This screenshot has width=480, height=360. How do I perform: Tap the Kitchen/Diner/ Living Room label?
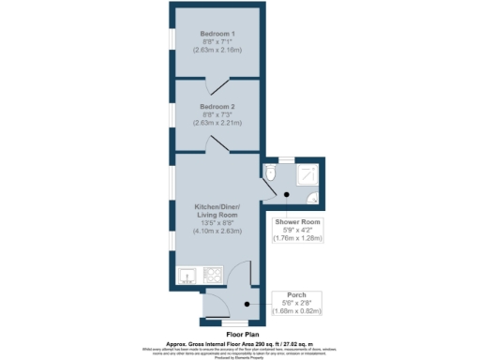(x=217, y=210)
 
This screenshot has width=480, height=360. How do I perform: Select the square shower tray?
(x=307, y=174)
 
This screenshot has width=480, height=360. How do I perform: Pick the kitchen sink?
(x=187, y=276)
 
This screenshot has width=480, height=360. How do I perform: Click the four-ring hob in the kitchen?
(x=212, y=276)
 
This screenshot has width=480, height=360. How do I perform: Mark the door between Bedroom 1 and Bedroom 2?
(x=217, y=86)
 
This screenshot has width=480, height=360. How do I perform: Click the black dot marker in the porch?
(x=247, y=304)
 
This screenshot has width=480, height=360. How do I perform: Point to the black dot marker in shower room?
(x=288, y=196)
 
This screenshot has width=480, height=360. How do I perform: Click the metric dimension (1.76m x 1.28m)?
(x=297, y=238)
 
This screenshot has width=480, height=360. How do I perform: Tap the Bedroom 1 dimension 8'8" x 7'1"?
(x=217, y=42)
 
